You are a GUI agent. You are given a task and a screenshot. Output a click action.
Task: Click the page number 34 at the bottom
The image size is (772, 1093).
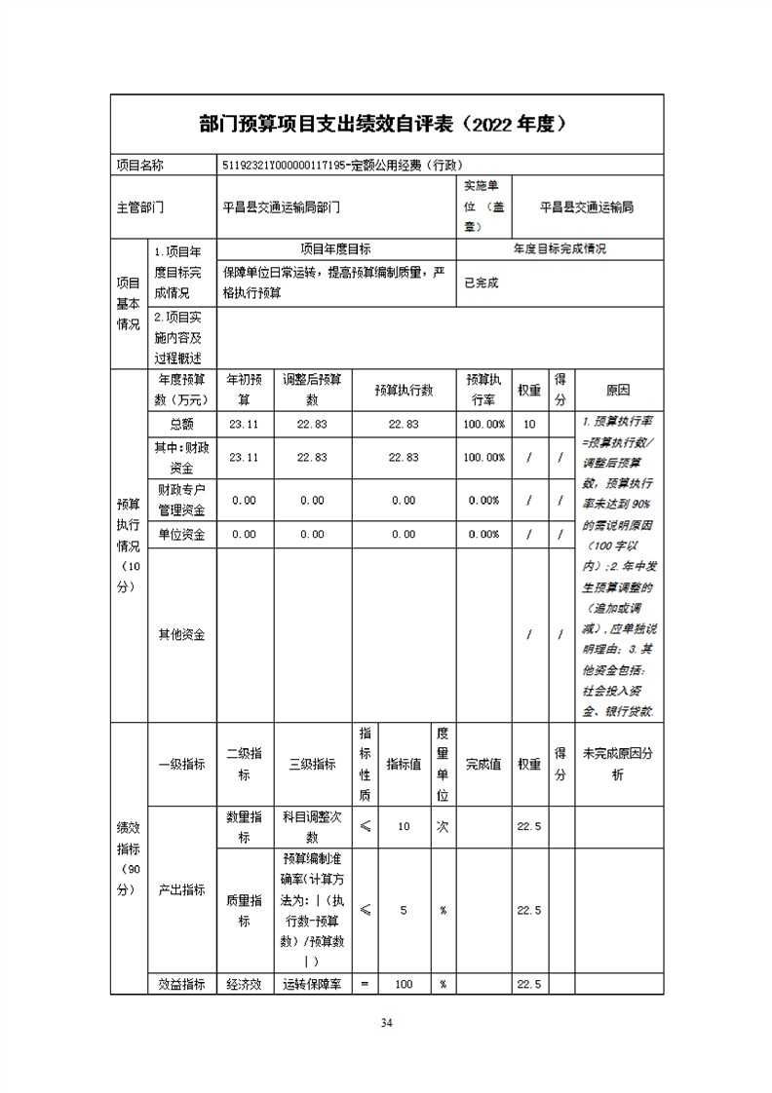click(386, 1022)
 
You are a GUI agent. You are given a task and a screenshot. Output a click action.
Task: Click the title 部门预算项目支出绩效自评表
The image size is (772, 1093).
click(328, 125)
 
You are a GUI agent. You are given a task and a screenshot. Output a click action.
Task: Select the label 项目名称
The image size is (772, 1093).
click(140, 165)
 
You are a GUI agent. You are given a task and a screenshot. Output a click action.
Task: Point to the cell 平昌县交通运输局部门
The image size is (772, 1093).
click(282, 207)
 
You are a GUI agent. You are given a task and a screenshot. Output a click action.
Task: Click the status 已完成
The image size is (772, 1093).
click(481, 283)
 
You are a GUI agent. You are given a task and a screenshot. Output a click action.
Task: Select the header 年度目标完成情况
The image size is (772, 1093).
click(560, 249)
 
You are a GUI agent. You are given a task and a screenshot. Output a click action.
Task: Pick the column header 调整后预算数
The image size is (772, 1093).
click(312, 390)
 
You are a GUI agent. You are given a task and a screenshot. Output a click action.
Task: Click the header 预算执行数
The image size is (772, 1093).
click(404, 390)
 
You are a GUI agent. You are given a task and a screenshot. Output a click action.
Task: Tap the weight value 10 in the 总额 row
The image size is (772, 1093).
click(529, 424)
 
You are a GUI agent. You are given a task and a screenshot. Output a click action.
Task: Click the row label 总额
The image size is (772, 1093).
click(181, 424)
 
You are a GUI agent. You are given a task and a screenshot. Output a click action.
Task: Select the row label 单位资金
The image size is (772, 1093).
click(181, 534)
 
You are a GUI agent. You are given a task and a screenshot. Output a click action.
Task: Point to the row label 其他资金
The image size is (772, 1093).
click(181, 634)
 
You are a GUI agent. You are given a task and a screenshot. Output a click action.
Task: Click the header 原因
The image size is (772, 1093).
click(618, 390)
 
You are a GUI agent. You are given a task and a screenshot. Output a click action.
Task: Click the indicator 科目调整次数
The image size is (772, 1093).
click(312, 827)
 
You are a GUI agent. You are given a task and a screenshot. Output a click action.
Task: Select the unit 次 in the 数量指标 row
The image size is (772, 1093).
click(443, 827)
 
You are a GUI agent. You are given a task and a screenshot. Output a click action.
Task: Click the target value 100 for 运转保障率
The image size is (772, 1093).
click(404, 984)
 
